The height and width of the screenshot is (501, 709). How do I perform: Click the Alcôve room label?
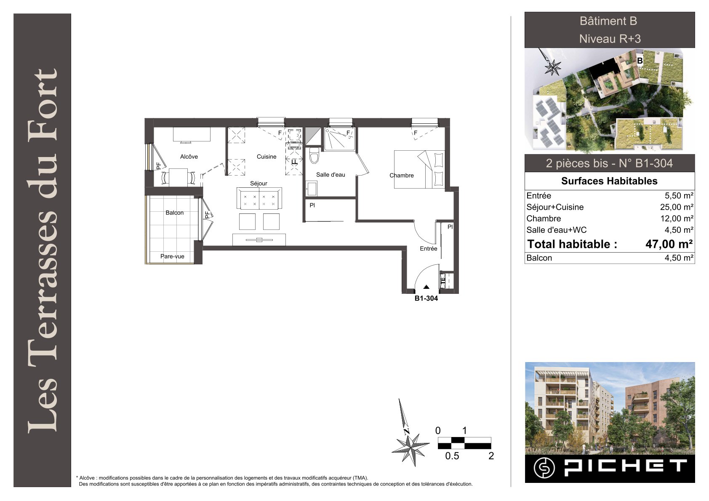(x=189, y=157)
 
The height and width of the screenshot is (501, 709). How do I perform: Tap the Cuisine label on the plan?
(x=267, y=157)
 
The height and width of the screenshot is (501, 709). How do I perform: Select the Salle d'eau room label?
(x=331, y=175)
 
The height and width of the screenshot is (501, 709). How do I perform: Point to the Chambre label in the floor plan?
(x=401, y=175)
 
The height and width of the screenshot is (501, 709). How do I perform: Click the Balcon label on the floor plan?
(x=174, y=213)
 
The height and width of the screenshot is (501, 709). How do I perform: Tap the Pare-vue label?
(x=172, y=256)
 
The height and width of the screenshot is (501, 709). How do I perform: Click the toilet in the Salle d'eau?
(x=314, y=155)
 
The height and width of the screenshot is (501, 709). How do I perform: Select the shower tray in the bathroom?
(x=340, y=139)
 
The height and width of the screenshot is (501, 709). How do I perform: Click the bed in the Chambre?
(x=419, y=169)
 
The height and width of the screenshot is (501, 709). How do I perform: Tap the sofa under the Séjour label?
(x=259, y=198)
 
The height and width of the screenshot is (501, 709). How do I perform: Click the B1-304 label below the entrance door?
(x=426, y=298)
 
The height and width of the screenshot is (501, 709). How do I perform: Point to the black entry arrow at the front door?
(x=426, y=287)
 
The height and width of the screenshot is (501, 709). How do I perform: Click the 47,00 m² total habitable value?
(x=669, y=244)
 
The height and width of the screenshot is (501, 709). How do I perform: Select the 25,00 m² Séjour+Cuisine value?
(x=677, y=207)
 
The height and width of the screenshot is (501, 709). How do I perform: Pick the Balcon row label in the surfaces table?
(x=539, y=258)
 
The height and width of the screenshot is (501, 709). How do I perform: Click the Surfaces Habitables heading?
(x=609, y=181)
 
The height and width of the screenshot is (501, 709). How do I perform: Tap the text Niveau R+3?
(x=610, y=39)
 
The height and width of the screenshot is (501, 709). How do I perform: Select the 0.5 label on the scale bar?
(x=452, y=456)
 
